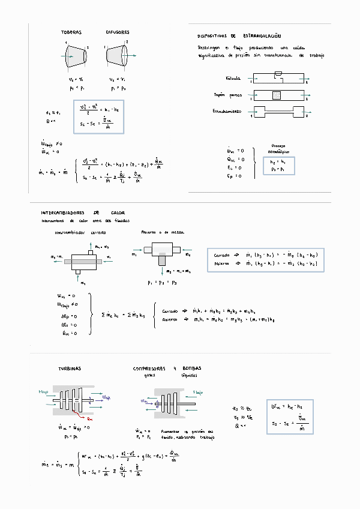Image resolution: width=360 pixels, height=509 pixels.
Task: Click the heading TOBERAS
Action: [71, 32]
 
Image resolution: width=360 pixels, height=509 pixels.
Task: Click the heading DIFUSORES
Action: [118, 32]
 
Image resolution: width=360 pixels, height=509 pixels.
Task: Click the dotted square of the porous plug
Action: [276, 95]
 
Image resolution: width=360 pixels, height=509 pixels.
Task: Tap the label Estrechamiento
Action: [226, 112]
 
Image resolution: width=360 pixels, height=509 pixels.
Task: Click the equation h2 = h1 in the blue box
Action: [278, 161]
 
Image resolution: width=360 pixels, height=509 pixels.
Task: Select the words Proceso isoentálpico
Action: [278, 149]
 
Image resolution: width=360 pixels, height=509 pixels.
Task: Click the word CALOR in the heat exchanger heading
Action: [118, 213]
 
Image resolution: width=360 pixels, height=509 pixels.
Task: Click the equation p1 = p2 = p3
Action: [161, 282]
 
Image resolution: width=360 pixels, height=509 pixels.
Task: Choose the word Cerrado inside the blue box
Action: [221, 254]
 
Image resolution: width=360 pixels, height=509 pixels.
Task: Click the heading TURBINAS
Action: [70, 369]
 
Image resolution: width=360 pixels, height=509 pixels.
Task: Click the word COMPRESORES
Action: [151, 369]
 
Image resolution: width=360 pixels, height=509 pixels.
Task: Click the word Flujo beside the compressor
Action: [198, 393]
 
